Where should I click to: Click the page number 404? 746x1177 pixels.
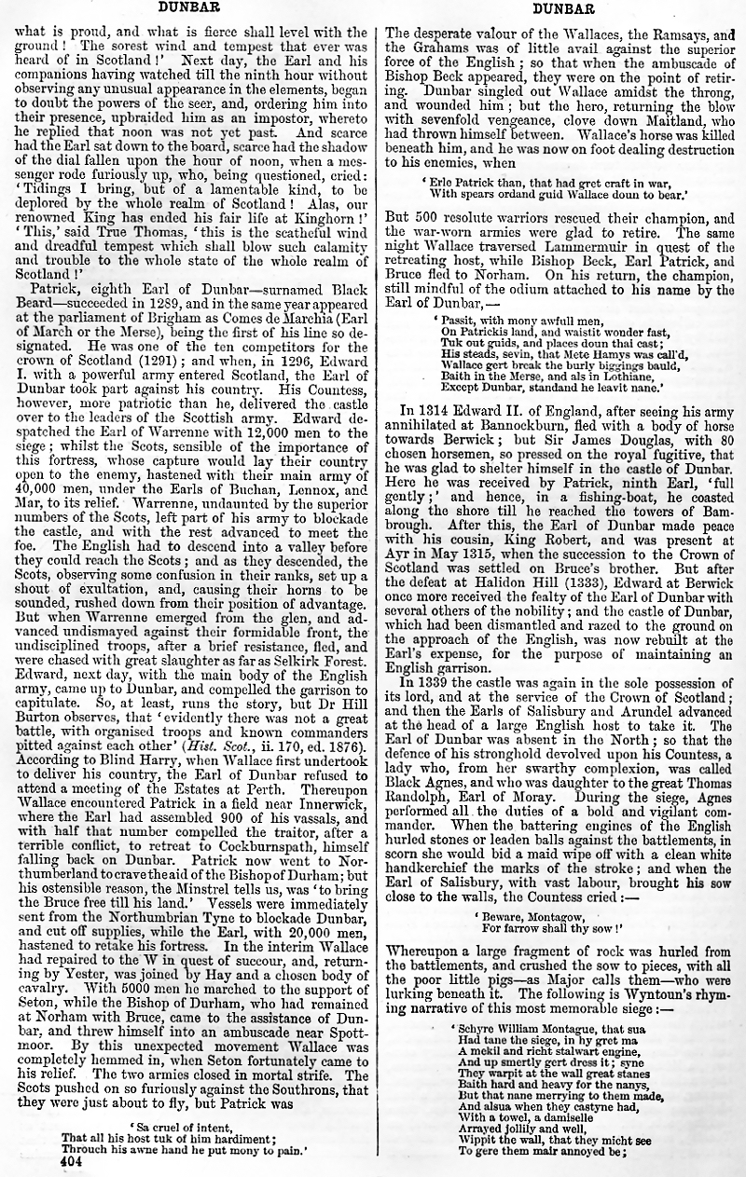pos(71,1162)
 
